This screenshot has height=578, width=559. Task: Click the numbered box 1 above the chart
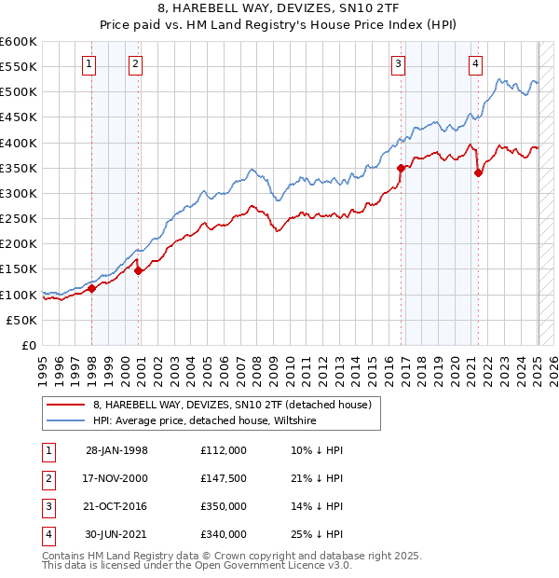click(89, 63)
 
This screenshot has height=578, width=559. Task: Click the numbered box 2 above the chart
click(135, 63)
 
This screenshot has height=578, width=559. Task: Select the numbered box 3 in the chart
click(398, 63)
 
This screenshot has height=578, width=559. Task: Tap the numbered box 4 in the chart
click(475, 63)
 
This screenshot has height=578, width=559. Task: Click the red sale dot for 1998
click(92, 289)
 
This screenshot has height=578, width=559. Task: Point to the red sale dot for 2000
click(139, 271)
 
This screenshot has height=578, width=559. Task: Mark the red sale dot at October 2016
click(402, 169)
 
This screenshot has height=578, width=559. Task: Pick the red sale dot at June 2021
click(478, 172)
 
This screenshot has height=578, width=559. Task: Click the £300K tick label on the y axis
click(19, 193)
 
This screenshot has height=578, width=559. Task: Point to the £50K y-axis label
click(22, 320)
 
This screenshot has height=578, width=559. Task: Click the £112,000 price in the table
click(223, 450)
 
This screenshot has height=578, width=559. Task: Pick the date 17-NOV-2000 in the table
click(116, 478)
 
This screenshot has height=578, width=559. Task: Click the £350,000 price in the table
click(223, 506)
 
